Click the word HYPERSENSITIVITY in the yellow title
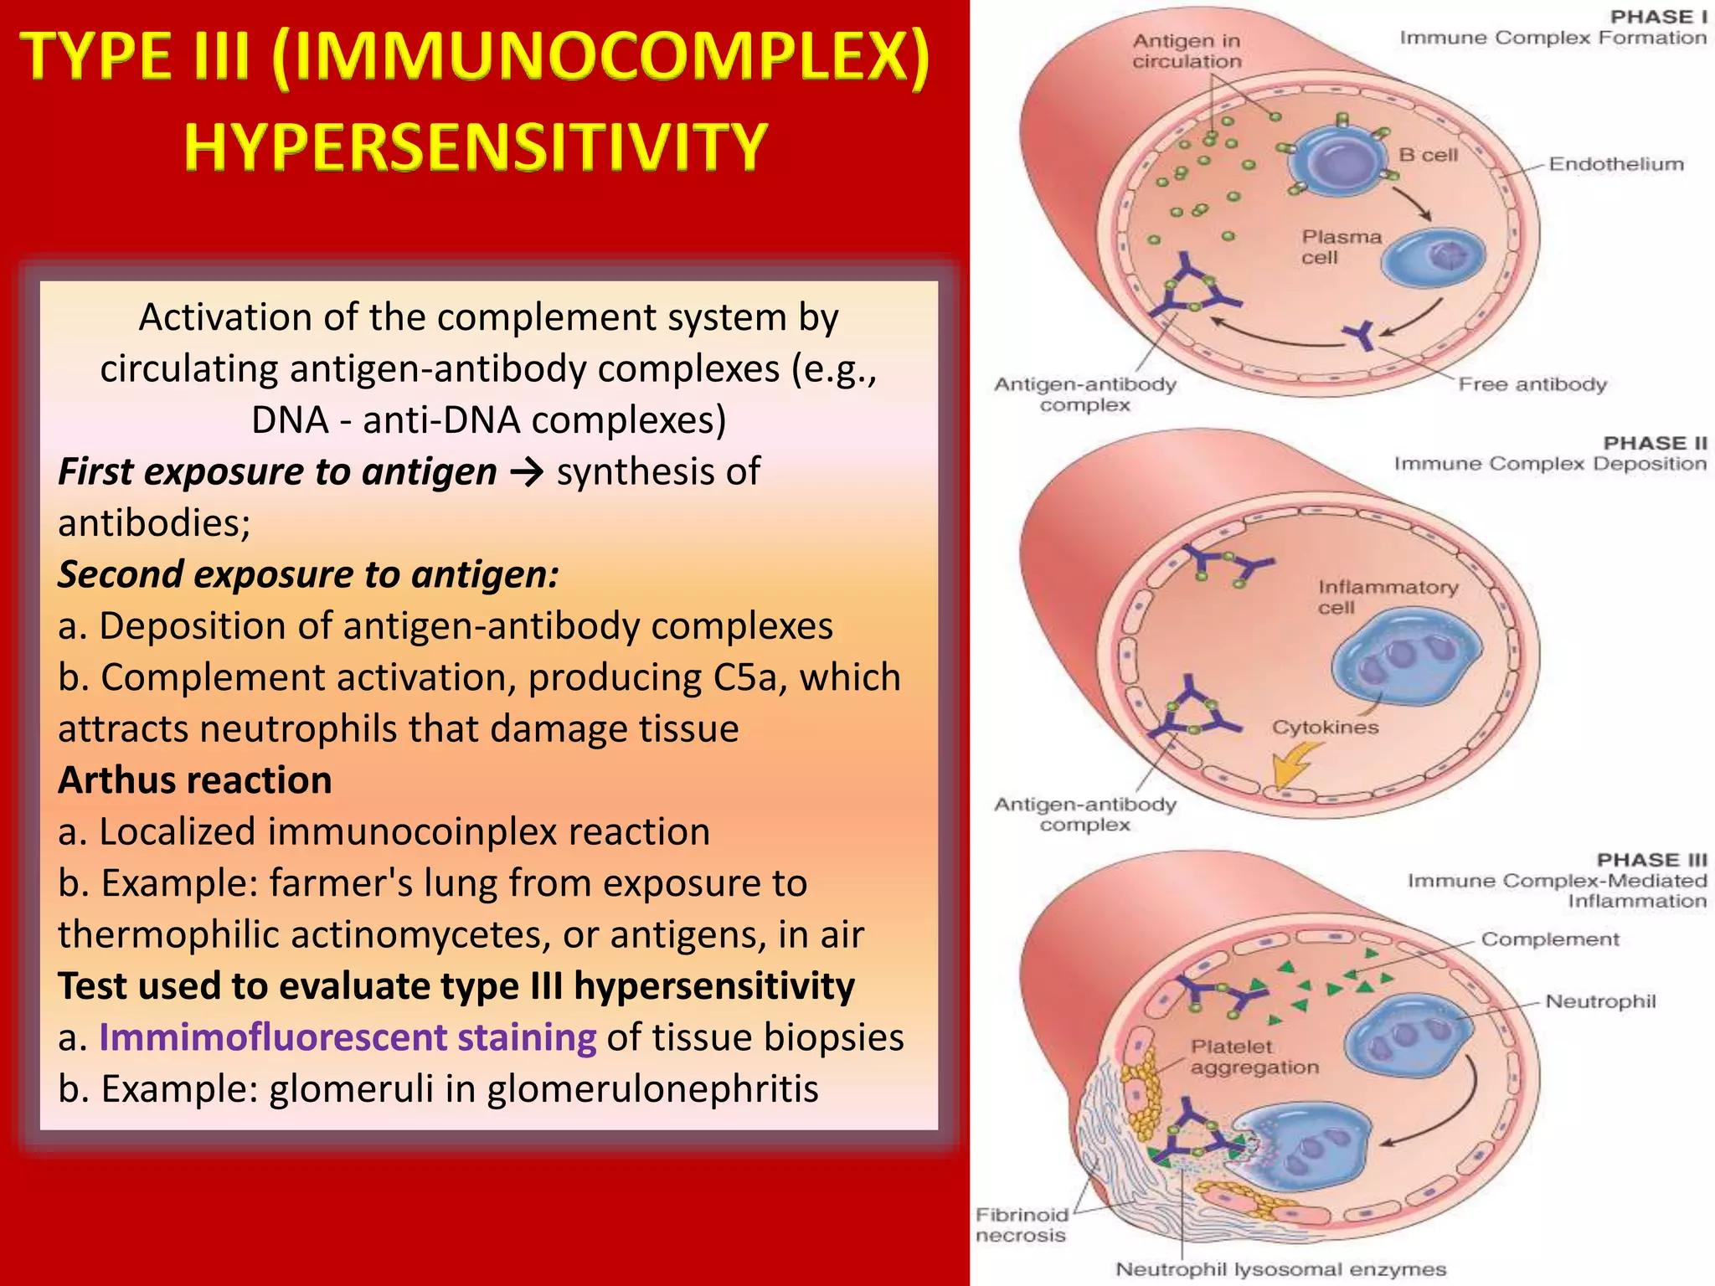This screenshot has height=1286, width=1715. pos(475,147)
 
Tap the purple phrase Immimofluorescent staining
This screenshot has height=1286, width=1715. pos(348,1037)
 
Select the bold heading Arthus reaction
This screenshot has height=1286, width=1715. pos(194,780)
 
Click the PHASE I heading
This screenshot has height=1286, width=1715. pos(1658,18)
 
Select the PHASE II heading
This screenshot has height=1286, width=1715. pos(1655,443)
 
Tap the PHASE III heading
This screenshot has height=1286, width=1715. pos(1651,860)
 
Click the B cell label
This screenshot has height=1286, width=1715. pos(1429,155)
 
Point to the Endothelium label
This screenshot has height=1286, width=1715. pos(1615,164)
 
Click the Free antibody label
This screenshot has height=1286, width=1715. pos(1532,384)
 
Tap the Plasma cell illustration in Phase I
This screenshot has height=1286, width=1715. pos(1432,258)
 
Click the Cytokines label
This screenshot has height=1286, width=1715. pos(1325,727)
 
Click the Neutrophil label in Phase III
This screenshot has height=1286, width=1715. pos(1600,1001)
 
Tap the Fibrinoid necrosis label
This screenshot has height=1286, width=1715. pos(1021,1225)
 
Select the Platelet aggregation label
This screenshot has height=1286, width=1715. pos(1254,1057)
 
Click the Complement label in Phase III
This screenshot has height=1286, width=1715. pos(1550,939)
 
